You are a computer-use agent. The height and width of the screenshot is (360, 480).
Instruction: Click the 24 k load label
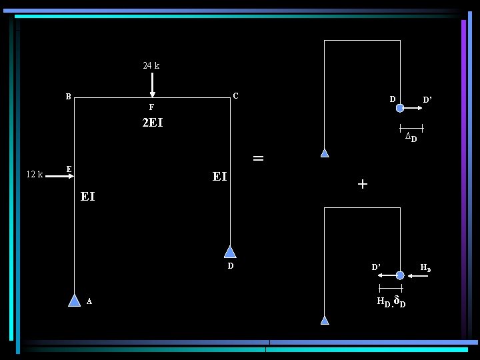tap(151, 66)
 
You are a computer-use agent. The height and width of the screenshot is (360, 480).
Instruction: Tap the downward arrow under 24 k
tap(153, 85)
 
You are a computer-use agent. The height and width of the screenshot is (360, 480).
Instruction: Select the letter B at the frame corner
tap(68, 96)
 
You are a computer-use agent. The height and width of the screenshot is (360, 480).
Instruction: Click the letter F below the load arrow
tap(151, 107)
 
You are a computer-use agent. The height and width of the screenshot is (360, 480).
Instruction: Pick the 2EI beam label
tap(153, 123)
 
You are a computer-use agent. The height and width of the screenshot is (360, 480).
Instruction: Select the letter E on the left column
tap(69, 169)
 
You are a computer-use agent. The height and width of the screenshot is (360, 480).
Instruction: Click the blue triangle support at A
tap(75, 300)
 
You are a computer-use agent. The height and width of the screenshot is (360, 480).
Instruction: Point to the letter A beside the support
tap(89, 301)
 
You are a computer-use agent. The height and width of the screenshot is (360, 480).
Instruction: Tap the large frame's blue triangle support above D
tap(230, 251)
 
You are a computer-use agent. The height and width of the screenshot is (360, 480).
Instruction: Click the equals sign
tap(258, 159)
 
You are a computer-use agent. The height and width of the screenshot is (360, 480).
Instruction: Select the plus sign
tap(362, 184)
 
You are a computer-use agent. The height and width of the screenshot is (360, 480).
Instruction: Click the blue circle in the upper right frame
tap(399, 108)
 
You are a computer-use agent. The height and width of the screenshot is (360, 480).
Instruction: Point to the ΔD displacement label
tap(411, 137)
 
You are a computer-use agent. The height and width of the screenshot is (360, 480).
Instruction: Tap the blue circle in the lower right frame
tap(399, 275)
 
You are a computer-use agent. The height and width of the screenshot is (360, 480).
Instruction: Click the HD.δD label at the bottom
tap(391, 302)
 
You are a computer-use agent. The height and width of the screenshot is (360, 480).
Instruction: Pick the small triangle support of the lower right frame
tap(325, 320)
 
